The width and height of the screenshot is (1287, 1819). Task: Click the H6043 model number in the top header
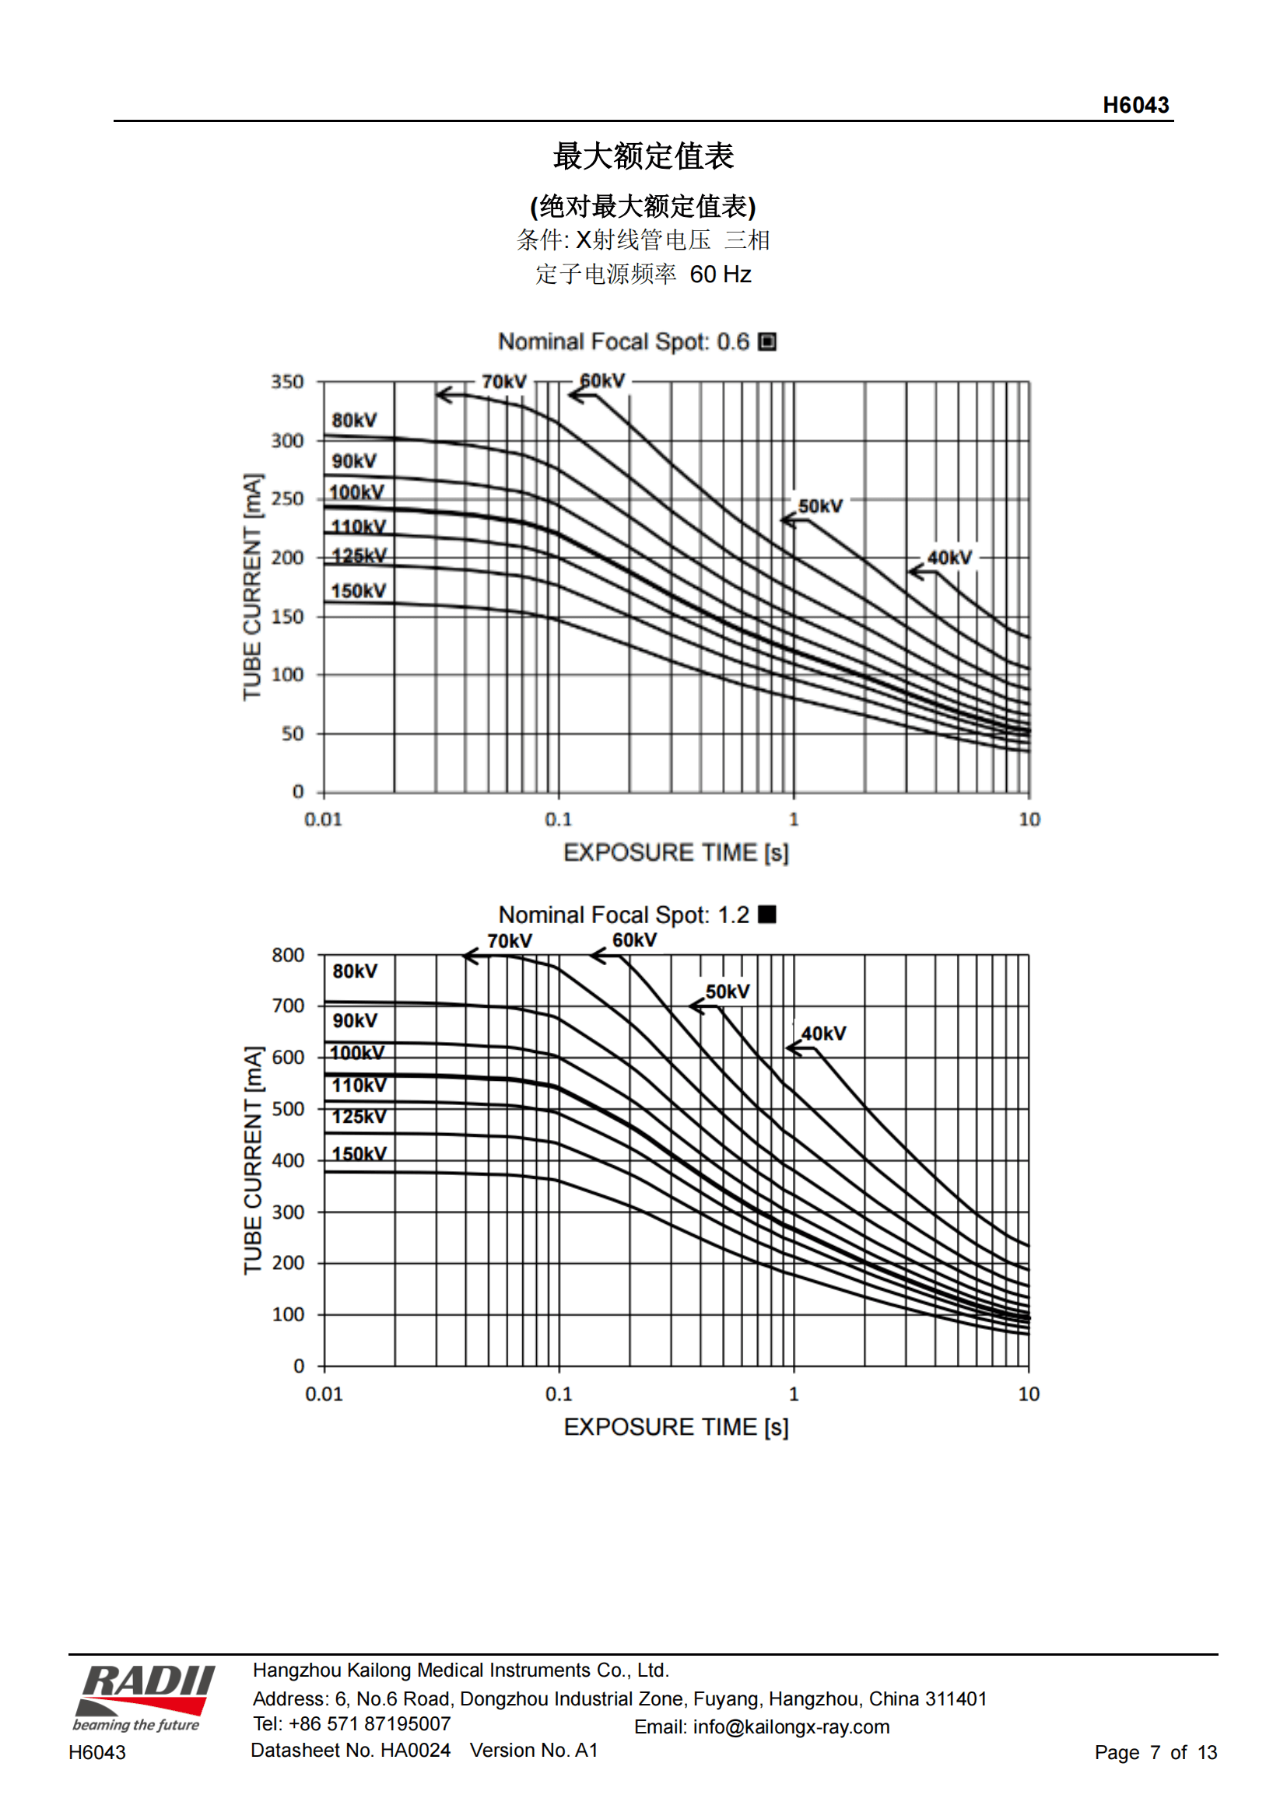click(1134, 105)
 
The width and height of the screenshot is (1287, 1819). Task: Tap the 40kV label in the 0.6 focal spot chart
click(949, 558)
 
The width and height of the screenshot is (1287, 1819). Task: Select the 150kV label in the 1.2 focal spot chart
click(359, 1153)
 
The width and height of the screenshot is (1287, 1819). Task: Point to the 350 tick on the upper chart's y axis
click(287, 382)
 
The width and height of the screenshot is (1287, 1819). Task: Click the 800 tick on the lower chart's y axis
click(288, 956)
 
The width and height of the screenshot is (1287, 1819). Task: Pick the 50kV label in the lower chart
click(727, 992)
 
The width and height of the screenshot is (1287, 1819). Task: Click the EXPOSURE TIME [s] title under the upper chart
click(675, 852)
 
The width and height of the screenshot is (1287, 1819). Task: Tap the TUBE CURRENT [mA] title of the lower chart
click(252, 1160)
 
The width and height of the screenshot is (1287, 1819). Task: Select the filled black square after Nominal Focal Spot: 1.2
click(766, 915)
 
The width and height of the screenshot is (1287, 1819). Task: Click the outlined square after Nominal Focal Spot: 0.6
click(766, 341)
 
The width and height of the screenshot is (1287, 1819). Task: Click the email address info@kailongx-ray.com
click(790, 1727)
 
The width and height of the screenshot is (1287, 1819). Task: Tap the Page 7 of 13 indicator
click(1155, 1752)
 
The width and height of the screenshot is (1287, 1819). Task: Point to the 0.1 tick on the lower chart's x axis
click(558, 1394)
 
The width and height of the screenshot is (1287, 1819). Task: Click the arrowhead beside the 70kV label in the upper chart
click(444, 394)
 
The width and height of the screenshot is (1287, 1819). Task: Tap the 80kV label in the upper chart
click(354, 420)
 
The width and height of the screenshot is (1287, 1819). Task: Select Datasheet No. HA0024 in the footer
click(350, 1750)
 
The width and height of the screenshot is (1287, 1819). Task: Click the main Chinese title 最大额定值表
click(643, 156)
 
